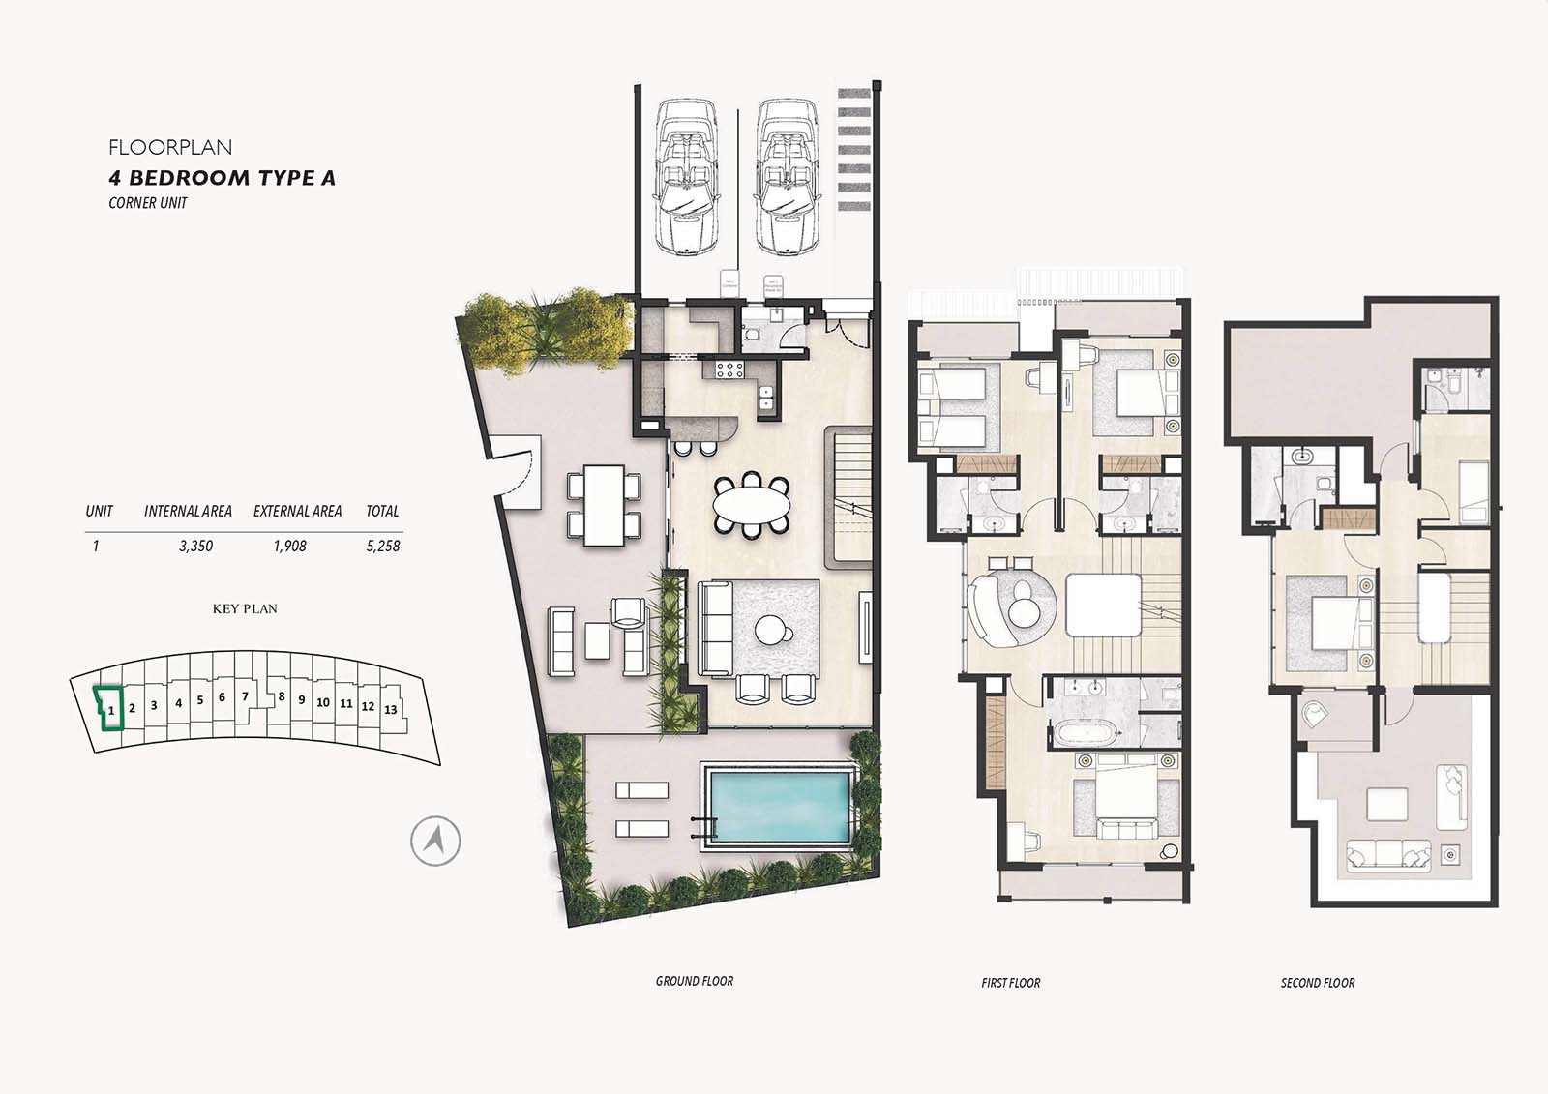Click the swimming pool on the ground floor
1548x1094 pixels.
point(779,806)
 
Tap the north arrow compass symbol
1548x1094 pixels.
point(434,841)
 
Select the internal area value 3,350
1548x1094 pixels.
point(195,547)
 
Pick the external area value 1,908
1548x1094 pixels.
point(289,547)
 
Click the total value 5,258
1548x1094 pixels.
point(382,547)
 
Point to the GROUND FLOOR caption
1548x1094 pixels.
point(694,981)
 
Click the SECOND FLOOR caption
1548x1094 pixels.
point(1317,983)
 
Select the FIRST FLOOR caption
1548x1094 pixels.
point(1010,983)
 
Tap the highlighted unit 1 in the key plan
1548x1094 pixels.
point(109,714)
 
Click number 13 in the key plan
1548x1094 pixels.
point(391,710)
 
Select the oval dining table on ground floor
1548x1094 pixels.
point(751,503)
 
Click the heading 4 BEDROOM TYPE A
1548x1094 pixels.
point(222,178)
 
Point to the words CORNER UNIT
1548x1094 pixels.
point(148,203)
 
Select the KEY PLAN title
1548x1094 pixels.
point(245,609)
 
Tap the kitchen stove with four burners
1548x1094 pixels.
point(729,369)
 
